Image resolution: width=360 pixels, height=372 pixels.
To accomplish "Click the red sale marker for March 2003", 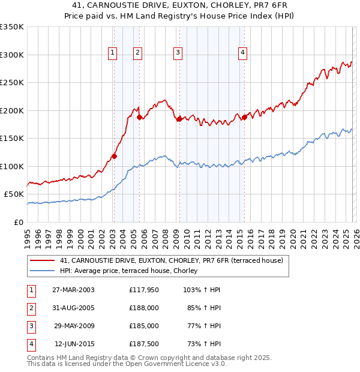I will point(114,156).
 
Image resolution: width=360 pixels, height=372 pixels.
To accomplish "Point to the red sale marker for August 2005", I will point(139,117).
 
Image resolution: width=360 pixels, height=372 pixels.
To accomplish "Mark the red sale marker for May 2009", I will point(179,119).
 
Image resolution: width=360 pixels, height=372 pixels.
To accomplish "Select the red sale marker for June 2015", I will point(245,118).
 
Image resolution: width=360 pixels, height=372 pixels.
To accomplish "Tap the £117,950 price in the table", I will point(144,290).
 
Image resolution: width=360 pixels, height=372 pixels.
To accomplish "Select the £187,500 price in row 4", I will point(144,344).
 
